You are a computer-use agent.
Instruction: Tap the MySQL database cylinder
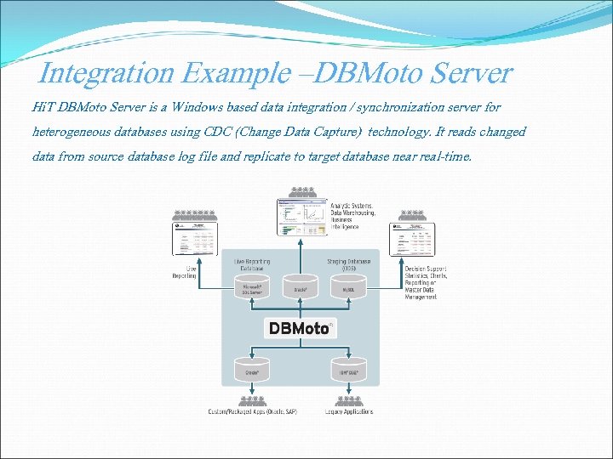pos(348,287)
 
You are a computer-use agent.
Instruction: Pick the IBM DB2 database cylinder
pos(347,369)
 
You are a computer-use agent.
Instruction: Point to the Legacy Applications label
pos(348,412)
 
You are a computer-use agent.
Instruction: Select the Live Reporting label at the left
pos(185,272)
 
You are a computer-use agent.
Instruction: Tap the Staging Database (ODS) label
pos(349,264)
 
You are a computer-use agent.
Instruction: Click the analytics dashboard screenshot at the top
pos(301,218)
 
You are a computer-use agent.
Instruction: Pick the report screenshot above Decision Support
pos(412,239)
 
